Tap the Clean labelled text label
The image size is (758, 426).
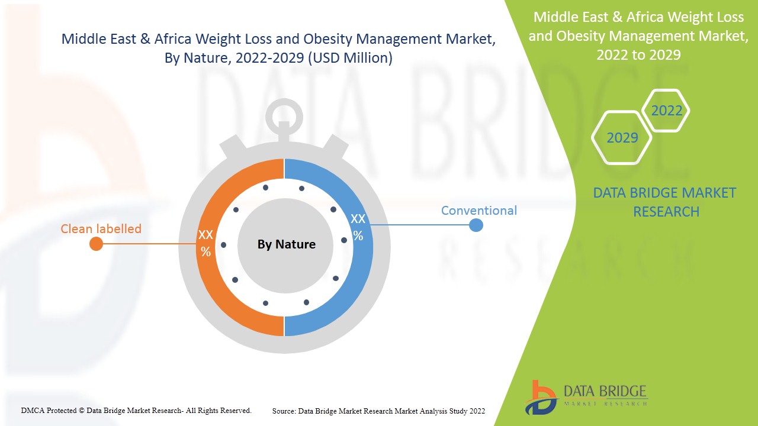click(x=101, y=228)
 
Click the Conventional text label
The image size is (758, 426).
click(x=478, y=211)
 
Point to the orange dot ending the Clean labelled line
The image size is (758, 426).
click(x=96, y=244)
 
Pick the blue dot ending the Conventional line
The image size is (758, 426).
click(x=476, y=225)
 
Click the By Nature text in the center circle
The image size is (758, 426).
click(x=286, y=244)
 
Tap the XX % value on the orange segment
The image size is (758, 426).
click(x=205, y=243)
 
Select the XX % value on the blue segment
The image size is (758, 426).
click(x=358, y=227)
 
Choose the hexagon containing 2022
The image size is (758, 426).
click(x=666, y=111)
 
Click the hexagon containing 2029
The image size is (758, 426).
click(x=622, y=138)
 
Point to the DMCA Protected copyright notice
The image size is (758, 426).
click(x=136, y=410)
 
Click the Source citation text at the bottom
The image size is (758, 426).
click(x=378, y=411)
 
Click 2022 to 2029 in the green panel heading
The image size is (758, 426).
click(x=638, y=54)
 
